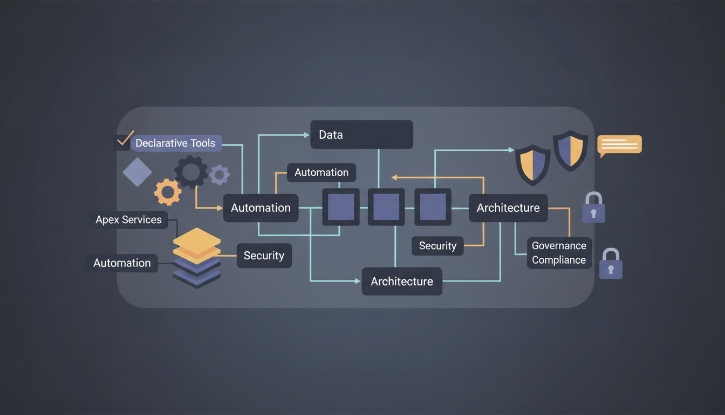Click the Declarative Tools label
coord(176,143)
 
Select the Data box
coord(361,135)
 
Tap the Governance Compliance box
coord(559,253)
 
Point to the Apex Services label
coord(128,220)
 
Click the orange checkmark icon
coord(125,139)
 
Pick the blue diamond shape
coord(138,172)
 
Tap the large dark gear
coord(191,172)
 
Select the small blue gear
coord(219,175)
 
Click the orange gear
coord(168,192)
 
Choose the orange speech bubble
coord(619,145)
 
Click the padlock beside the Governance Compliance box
coord(611,264)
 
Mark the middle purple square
coord(386,207)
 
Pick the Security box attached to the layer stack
coord(264,256)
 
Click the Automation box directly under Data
coord(322,173)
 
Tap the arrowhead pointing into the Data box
coord(305,135)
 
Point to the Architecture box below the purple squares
coord(402,282)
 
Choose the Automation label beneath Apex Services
coord(122,263)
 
